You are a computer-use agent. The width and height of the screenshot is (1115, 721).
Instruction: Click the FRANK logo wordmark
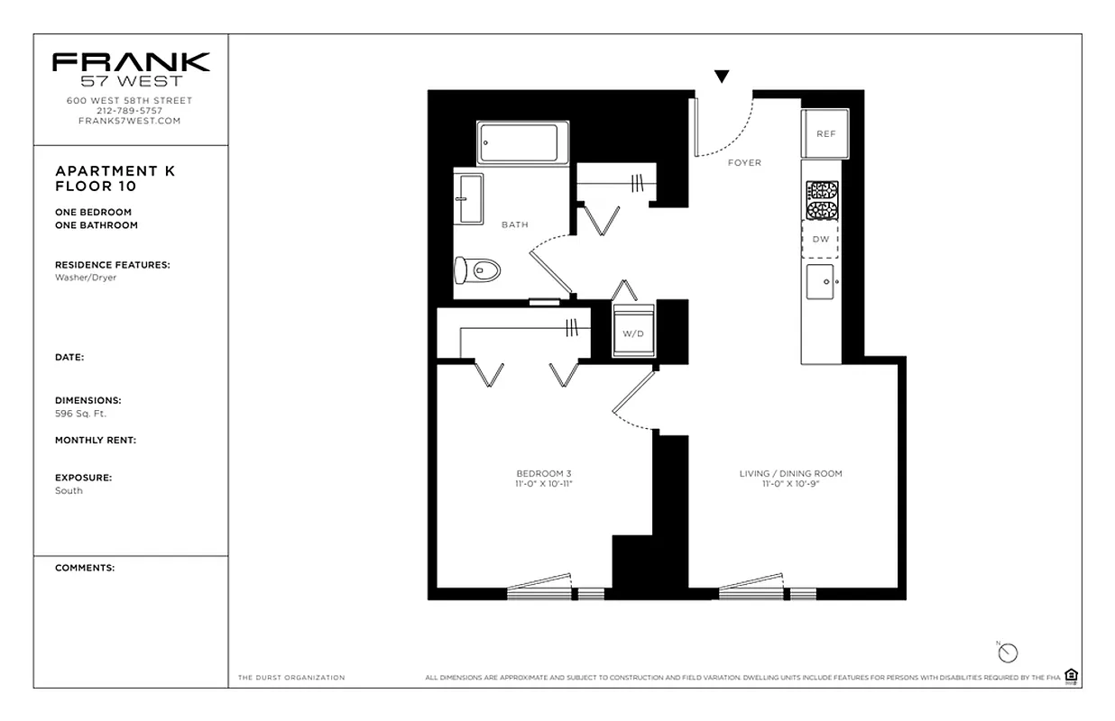click(x=131, y=62)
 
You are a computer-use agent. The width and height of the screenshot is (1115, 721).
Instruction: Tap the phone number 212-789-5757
click(x=131, y=111)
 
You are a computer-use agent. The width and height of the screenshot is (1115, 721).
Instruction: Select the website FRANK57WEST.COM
click(x=131, y=121)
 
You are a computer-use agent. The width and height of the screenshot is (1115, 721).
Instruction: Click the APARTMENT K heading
click(x=115, y=171)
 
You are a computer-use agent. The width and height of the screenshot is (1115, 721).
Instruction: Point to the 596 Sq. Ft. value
click(x=80, y=414)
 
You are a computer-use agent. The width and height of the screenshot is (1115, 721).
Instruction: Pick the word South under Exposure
click(x=69, y=490)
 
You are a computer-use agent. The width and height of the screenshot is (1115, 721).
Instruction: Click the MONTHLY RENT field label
click(x=95, y=441)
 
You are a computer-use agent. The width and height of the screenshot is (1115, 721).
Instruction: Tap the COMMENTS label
click(x=85, y=568)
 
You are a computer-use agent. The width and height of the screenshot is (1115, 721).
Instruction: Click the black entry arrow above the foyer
click(x=722, y=78)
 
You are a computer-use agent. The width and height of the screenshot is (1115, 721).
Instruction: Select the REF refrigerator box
click(x=825, y=133)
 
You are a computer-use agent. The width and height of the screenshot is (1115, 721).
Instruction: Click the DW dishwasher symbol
click(x=820, y=240)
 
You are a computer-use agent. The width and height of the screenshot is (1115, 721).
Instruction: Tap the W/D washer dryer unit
click(x=633, y=333)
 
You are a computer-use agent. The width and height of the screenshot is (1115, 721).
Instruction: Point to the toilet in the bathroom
click(x=477, y=269)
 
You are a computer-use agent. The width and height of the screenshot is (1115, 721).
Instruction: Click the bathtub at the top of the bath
click(x=522, y=143)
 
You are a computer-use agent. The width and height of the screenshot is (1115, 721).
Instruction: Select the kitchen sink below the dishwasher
click(x=821, y=282)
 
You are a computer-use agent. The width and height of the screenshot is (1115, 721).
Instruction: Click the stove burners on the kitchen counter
click(x=821, y=200)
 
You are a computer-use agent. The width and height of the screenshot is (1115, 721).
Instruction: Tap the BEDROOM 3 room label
click(x=544, y=474)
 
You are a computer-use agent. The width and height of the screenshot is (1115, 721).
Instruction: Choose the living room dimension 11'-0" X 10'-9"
click(x=790, y=484)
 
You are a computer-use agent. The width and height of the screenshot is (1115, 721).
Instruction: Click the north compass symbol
click(x=1008, y=653)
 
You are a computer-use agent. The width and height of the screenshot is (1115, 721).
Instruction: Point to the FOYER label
click(x=744, y=163)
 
